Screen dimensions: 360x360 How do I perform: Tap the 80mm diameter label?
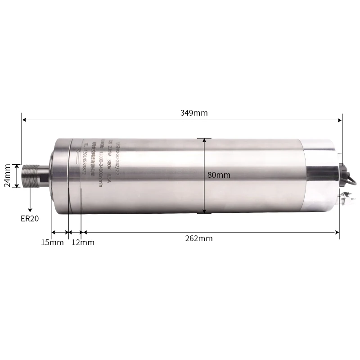coord(219,175)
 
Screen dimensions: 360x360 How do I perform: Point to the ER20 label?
coord(30,219)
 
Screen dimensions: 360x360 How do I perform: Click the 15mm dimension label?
coord(52,243)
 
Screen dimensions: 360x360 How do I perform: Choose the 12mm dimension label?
coord(83,243)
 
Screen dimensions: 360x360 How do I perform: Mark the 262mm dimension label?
coord(198,238)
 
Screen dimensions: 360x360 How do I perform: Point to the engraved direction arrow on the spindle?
coord(77,158)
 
